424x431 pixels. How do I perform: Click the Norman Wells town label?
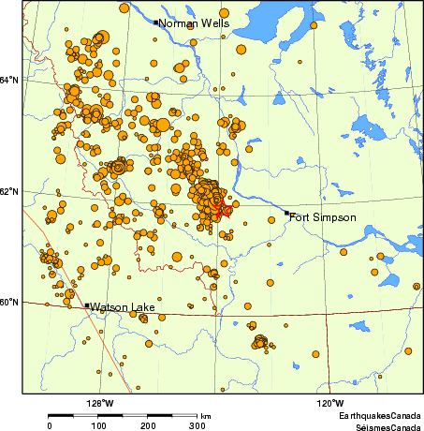192,22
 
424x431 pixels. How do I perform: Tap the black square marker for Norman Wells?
155,22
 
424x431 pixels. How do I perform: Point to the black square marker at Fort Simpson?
287,214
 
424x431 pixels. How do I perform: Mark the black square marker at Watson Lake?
87,305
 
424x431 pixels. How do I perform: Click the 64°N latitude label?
10,80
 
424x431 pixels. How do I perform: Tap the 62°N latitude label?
10,192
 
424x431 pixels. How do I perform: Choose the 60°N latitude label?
10,302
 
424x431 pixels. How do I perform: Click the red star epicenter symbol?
224,211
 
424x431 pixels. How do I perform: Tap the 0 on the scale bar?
50,425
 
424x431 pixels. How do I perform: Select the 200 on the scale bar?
148,425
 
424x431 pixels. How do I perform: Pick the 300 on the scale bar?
197,425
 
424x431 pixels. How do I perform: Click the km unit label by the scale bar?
206,415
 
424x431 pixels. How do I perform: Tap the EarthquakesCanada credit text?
379,415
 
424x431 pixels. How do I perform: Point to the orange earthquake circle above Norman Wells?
123,7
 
